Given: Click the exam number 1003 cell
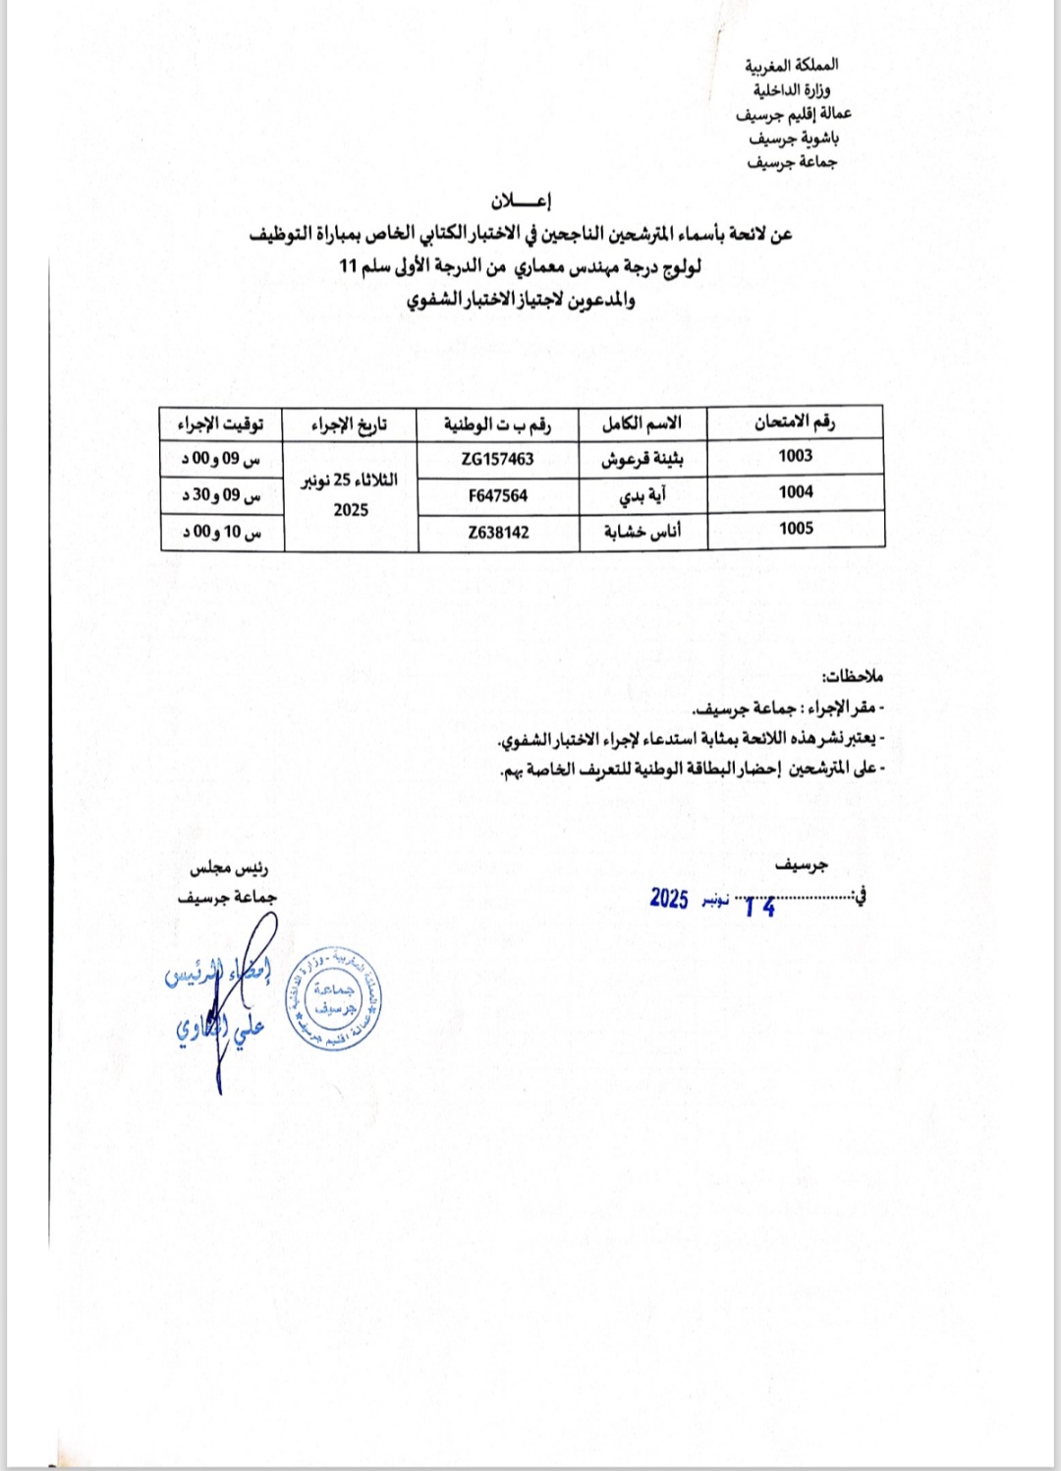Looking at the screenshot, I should coord(795,456).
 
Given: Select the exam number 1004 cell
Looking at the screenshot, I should coord(795,492).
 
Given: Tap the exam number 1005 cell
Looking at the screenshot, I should coord(795,529).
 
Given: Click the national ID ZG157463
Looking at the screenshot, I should coord(497,459).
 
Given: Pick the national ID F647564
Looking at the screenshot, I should coord(497,496).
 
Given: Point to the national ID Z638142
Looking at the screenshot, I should coord(498,533).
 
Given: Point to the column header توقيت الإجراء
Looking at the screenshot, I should coord(221,424).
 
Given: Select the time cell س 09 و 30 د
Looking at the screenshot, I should coord(221,495).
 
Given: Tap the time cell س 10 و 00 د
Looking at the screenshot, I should coord(221,532).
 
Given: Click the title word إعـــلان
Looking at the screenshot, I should coord(521,201).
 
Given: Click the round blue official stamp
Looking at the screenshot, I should coord(333,999).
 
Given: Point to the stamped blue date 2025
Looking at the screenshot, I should coord(669,898).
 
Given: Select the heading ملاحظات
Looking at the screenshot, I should coord(853,676).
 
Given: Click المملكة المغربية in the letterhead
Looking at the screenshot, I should coord(791,66).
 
